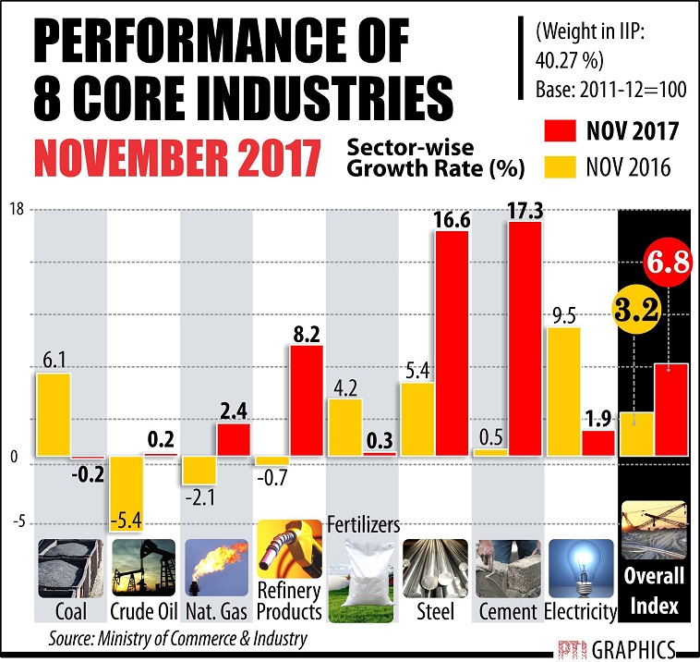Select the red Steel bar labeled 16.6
453,342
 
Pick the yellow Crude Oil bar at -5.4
127,490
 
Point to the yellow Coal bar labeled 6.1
54,415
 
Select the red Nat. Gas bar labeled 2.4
234,439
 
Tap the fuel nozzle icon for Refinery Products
288,552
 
